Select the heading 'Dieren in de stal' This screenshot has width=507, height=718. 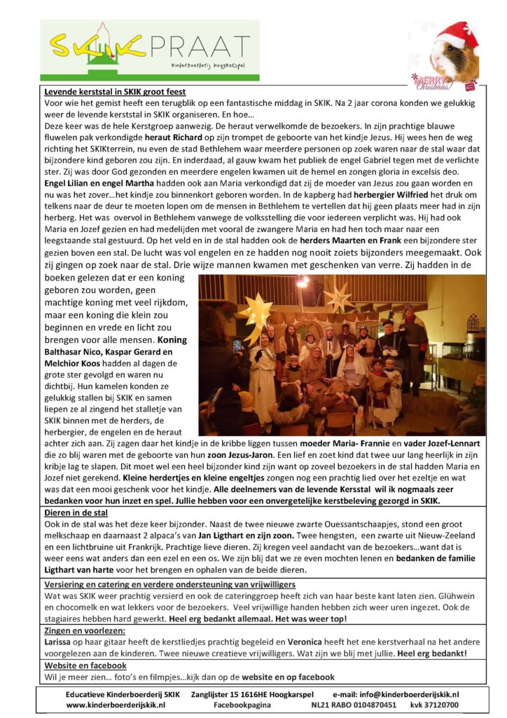(x=76, y=513)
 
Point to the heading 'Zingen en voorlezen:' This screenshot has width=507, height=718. (x=84, y=631)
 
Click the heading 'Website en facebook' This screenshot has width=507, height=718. (x=85, y=665)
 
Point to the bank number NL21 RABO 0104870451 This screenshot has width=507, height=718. (x=354, y=705)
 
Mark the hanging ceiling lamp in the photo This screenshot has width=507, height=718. (x=303, y=282)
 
